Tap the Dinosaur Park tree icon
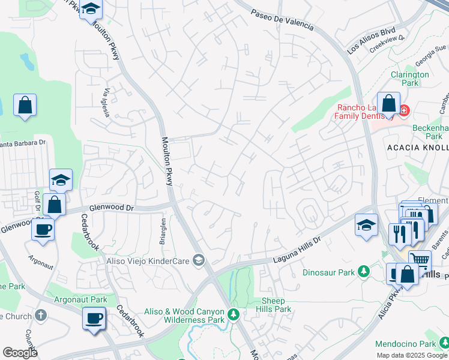363,272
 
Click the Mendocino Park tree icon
444,344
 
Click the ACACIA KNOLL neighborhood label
418,148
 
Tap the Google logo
20,353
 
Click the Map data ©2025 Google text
412,355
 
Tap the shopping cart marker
420,260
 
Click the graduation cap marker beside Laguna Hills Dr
366,224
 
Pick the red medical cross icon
404,110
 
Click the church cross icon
41,316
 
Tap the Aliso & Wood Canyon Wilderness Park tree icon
233,313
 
